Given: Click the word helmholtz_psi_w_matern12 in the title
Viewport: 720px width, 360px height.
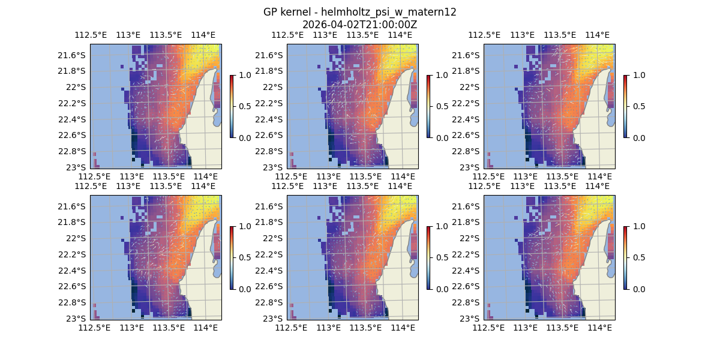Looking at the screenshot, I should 389,12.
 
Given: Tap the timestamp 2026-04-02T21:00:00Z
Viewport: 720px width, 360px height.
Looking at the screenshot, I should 360,25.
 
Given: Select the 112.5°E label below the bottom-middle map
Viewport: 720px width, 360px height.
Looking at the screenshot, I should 291,328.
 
